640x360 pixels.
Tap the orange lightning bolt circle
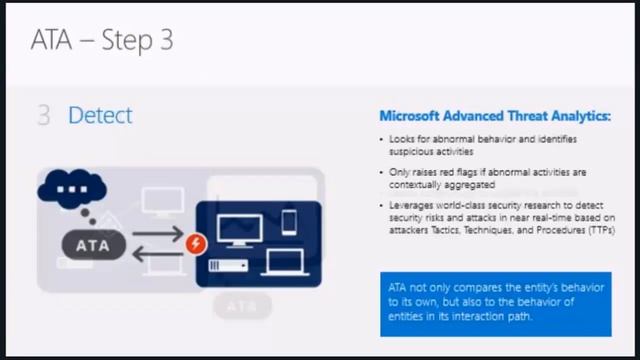pyautogui.click(x=196, y=243)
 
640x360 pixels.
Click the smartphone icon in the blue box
pyautogui.click(x=289, y=221)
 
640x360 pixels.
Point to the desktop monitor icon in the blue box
pyautogui.click(x=239, y=230)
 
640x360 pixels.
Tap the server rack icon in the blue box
pyautogui.click(x=228, y=265)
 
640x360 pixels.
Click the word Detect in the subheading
pyautogui.click(x=100, y=116)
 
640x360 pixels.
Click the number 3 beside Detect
pyautogui.click(x=44, y=116)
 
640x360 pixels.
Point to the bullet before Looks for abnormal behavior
pyautogui.click(x=382, y=139)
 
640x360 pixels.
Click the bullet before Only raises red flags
pyautogui.click(x=382, y=173)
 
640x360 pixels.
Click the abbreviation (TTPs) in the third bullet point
pyautogui.click(x=596, y=230)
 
